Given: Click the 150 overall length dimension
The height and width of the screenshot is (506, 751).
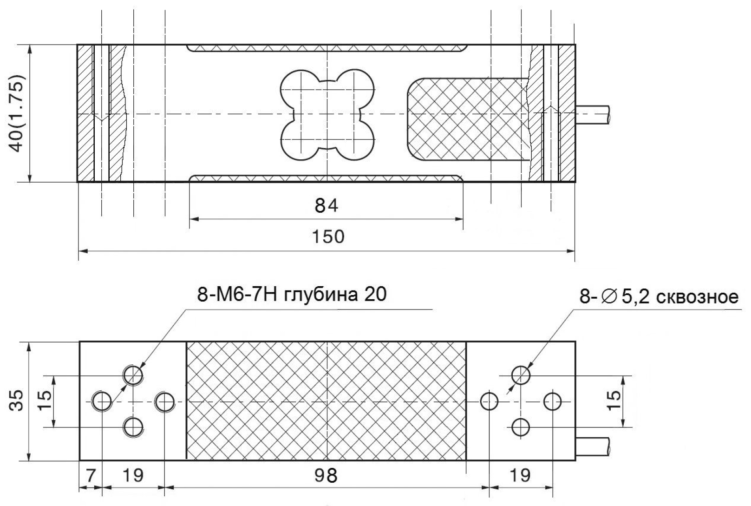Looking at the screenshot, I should tap(328, 237).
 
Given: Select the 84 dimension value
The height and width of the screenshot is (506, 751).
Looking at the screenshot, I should tap(327, 205).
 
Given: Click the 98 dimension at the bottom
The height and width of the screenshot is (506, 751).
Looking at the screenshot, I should tap(325, 475).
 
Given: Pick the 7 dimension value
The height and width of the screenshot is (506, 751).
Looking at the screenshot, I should tap(90, 475).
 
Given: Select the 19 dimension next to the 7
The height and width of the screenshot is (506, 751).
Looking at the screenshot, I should tap(133, 475).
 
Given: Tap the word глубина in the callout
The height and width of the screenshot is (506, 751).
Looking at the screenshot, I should tap(315, 295).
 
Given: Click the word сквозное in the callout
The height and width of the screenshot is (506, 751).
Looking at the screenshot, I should tap(697, 296).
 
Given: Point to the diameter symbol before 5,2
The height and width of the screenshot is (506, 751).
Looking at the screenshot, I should tap(608, 296).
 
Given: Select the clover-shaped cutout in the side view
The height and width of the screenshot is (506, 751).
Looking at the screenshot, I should tap(327, 114).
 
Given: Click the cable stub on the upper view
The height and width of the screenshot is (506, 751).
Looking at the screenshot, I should tap(592, 114).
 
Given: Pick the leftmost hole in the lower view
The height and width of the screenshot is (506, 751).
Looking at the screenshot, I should tap(102, 401).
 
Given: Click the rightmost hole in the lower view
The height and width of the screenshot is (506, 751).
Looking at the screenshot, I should tap(553, 401).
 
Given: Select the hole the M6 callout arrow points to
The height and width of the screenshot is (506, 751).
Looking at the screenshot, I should tap(133, 374).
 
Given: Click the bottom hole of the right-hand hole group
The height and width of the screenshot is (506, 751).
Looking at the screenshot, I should tap(521, 427).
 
